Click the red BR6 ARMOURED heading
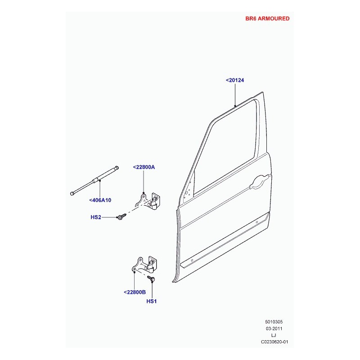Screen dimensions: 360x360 [x=267, y=18]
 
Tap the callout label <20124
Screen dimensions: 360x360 [x=235, y=80]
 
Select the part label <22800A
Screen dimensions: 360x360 [x=144, y=167]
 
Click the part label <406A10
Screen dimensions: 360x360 [x=100, y=200]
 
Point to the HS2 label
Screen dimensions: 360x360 [x=96, y=217]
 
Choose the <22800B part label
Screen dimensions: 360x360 [x=135, y=292]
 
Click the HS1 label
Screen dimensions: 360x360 [x=152, y=301]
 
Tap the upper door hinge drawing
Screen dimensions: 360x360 [x=148, y=201]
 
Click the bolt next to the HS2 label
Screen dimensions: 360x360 [x=121, y=216]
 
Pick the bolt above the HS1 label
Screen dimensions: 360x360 [x=151, y=279]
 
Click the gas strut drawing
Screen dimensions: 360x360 [x=94, y=181]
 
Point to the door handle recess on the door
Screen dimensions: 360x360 [x=260, y=182]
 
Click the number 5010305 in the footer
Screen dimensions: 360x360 [x=274, y=322]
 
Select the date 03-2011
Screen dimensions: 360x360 [x=274, y=328]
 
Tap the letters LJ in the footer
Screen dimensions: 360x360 [x=274, y=335]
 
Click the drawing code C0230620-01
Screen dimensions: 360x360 [x=274, y=342]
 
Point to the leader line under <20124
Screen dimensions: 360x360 [x=235, y=94]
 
